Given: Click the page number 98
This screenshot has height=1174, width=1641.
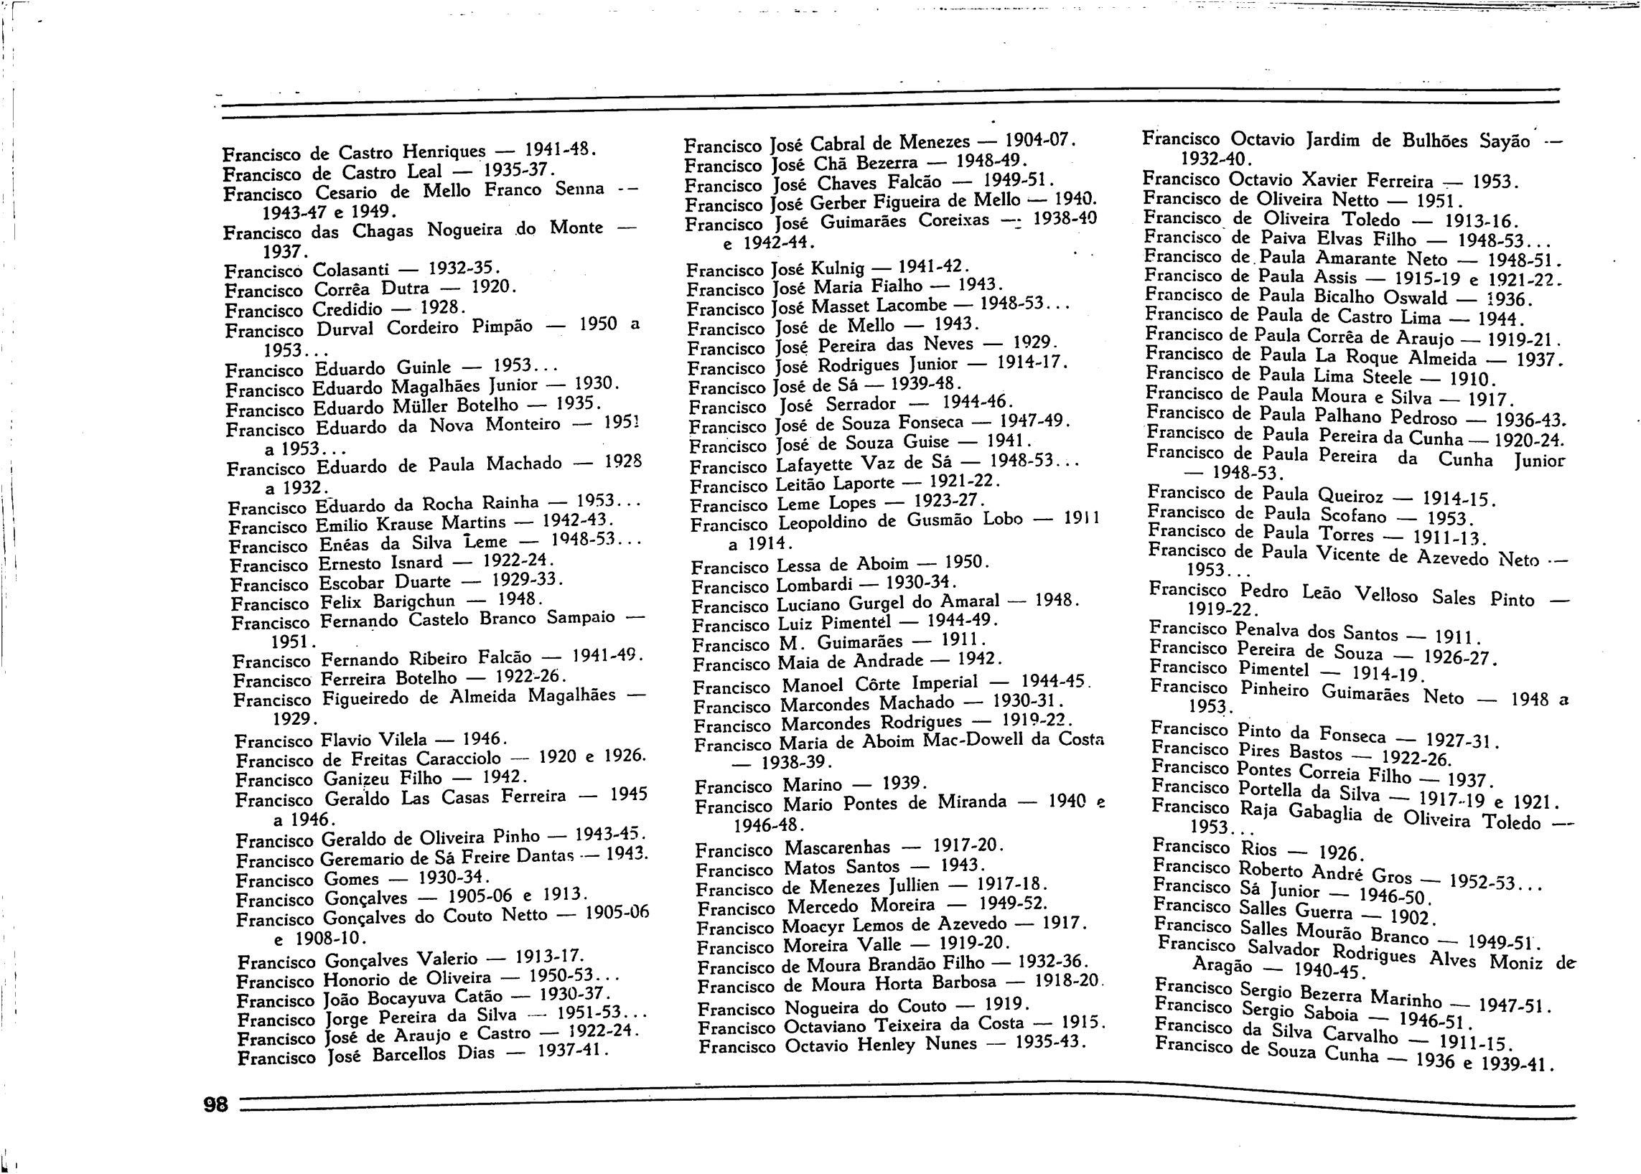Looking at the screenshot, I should tap(215, 1104).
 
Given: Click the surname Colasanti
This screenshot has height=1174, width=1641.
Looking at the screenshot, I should tap(352, 271).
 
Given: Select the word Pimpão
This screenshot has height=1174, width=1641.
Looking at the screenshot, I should tap(502, 327).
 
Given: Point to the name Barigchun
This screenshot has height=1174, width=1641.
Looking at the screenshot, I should tap(414, 601).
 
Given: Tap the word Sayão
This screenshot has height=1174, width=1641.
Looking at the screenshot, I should tap(1505, 141).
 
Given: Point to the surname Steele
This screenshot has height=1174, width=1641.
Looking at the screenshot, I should tap(1386, 377).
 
